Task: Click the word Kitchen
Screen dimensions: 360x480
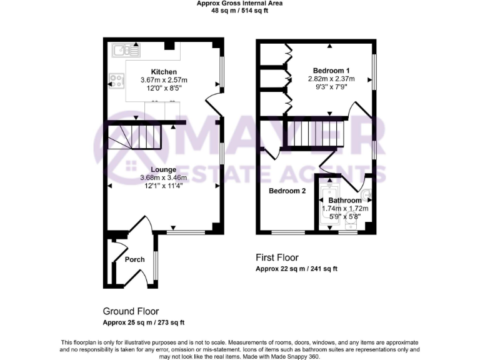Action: pyautogui.click(x=164, y=72)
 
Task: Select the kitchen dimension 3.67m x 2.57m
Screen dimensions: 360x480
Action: pyautogui.click(x=164, y=80)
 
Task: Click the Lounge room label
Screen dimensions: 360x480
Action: pyautogui.click(x=163, y=169)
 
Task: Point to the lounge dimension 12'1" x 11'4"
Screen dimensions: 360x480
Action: pyautogui.click(x=163, y=186)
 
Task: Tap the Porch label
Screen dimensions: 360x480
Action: pyautogui.click(x=134, y=259)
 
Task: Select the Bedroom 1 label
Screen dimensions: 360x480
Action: pyautogui.click(x=331, y=71)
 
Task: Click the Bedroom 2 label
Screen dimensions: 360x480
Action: pyautogui.click(x=287, y=191)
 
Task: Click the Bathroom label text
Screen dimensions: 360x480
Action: pyautogui.click(x=345, y=201)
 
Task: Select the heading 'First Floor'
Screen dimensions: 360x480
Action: pyautogui.click(x=277, y=257)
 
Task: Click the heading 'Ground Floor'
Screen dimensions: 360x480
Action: pyautogui.click(x=131, y=311)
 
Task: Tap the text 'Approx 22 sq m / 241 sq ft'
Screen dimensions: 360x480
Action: pyautogui.click(x=296, y=269)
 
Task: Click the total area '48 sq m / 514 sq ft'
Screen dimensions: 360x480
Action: pyautogui.click(x=239, y=11)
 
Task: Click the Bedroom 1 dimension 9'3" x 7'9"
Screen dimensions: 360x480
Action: pyautogui.click(x=331, y=87)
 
